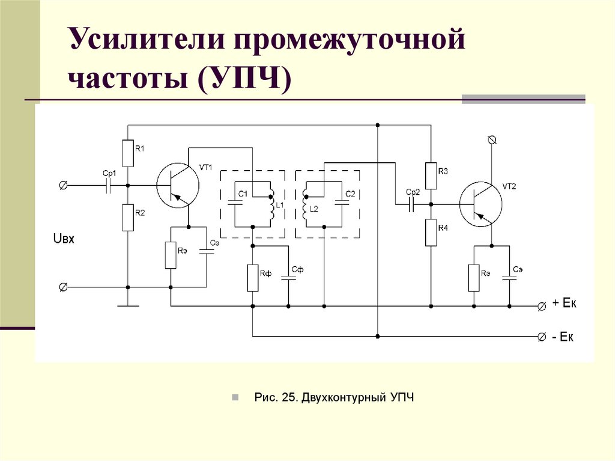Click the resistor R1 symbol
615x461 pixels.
tap(127, 153)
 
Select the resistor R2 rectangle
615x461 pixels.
tap(127, 217)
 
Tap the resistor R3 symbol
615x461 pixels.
tap(431, 175)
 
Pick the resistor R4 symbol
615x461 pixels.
tap(431, 232)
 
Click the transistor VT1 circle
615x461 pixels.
tap(178, 186)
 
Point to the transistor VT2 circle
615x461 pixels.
tap(481, 205)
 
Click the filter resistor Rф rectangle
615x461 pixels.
tap(252, 277)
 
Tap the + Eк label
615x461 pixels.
tap(564, 305)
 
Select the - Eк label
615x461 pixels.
tap(563, 337)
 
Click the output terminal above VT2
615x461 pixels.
tap(492, 140)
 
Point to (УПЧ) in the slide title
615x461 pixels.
tap(246, 79)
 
